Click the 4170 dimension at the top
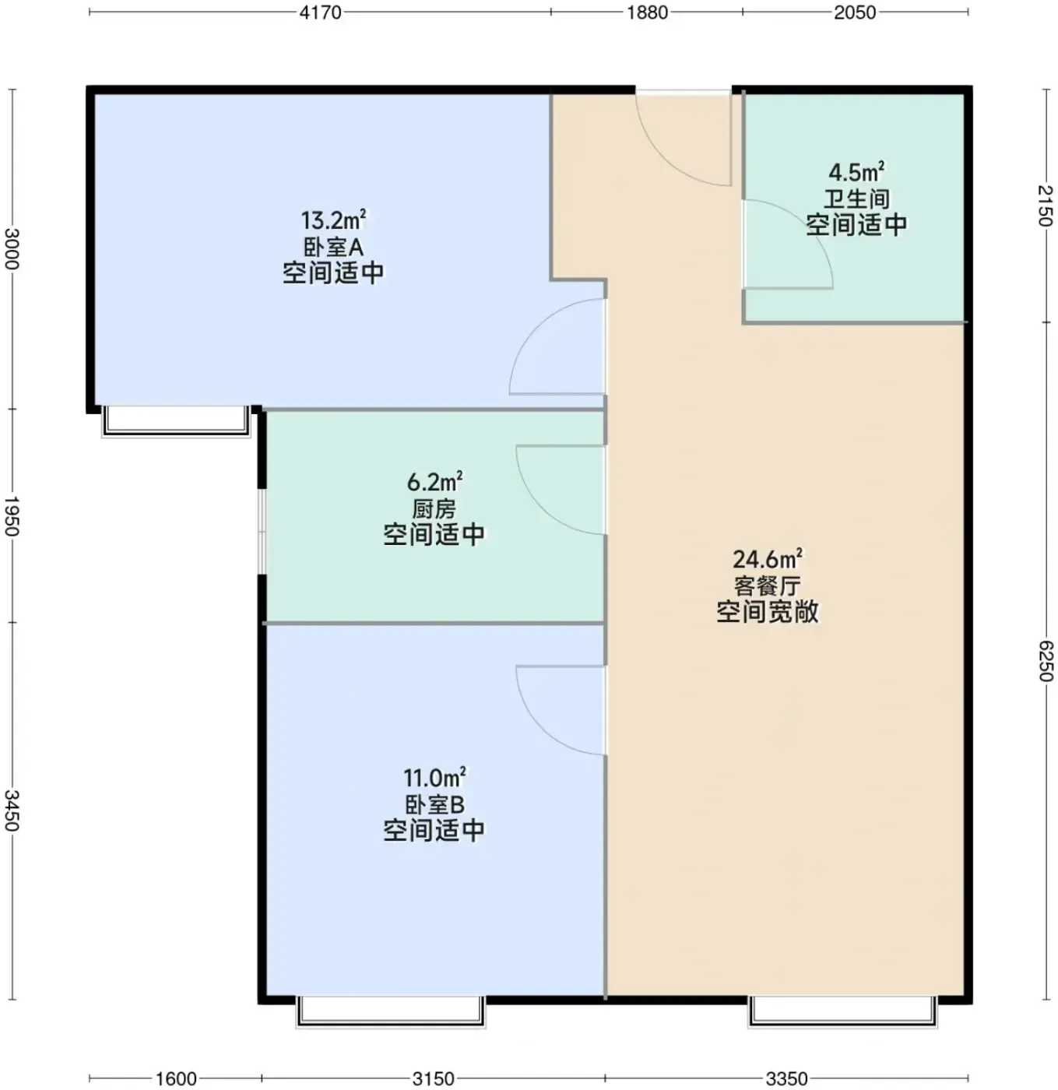click(320, 12)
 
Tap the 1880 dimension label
click(647, 12)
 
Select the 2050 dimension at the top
click(855, 12)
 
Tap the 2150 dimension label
click(1045, 206)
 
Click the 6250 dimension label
click(1045, 661)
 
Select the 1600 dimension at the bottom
click(176, 1078)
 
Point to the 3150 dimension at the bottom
click(433, 1078)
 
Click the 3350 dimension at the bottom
click(786, 1078)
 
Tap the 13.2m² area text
click(334, 220)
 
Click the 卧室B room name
click(434, 805)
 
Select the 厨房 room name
click(434, 509)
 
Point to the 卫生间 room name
click(856, 199)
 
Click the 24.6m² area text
click(768, 559)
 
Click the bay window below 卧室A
click(176, 421)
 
